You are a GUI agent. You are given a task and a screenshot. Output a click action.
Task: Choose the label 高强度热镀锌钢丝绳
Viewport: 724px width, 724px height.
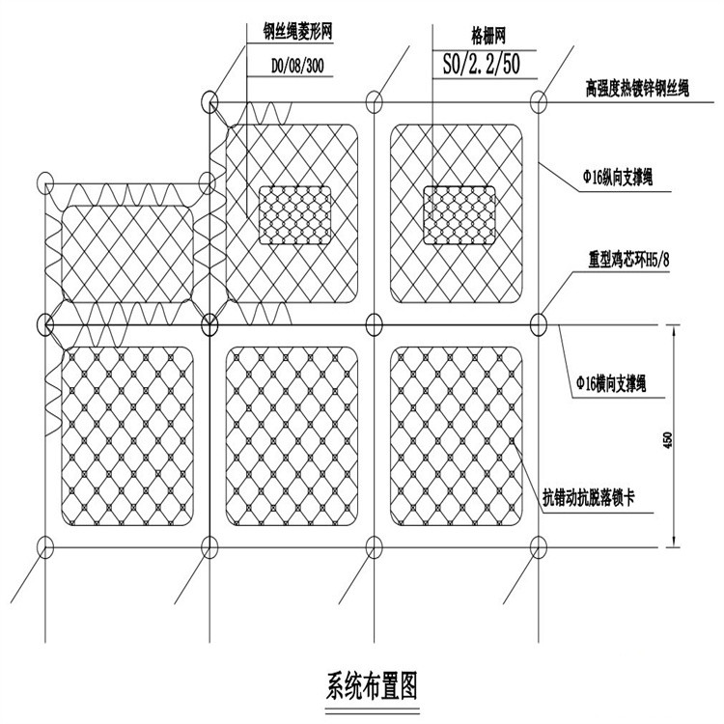pos(635,88)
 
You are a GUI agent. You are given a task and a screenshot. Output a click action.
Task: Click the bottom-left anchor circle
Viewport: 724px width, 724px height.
pos(44,545)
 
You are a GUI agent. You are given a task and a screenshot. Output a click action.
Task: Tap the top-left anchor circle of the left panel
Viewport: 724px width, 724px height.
pos(44,183)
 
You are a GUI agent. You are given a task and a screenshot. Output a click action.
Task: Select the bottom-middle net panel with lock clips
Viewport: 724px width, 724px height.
pos(292,434)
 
